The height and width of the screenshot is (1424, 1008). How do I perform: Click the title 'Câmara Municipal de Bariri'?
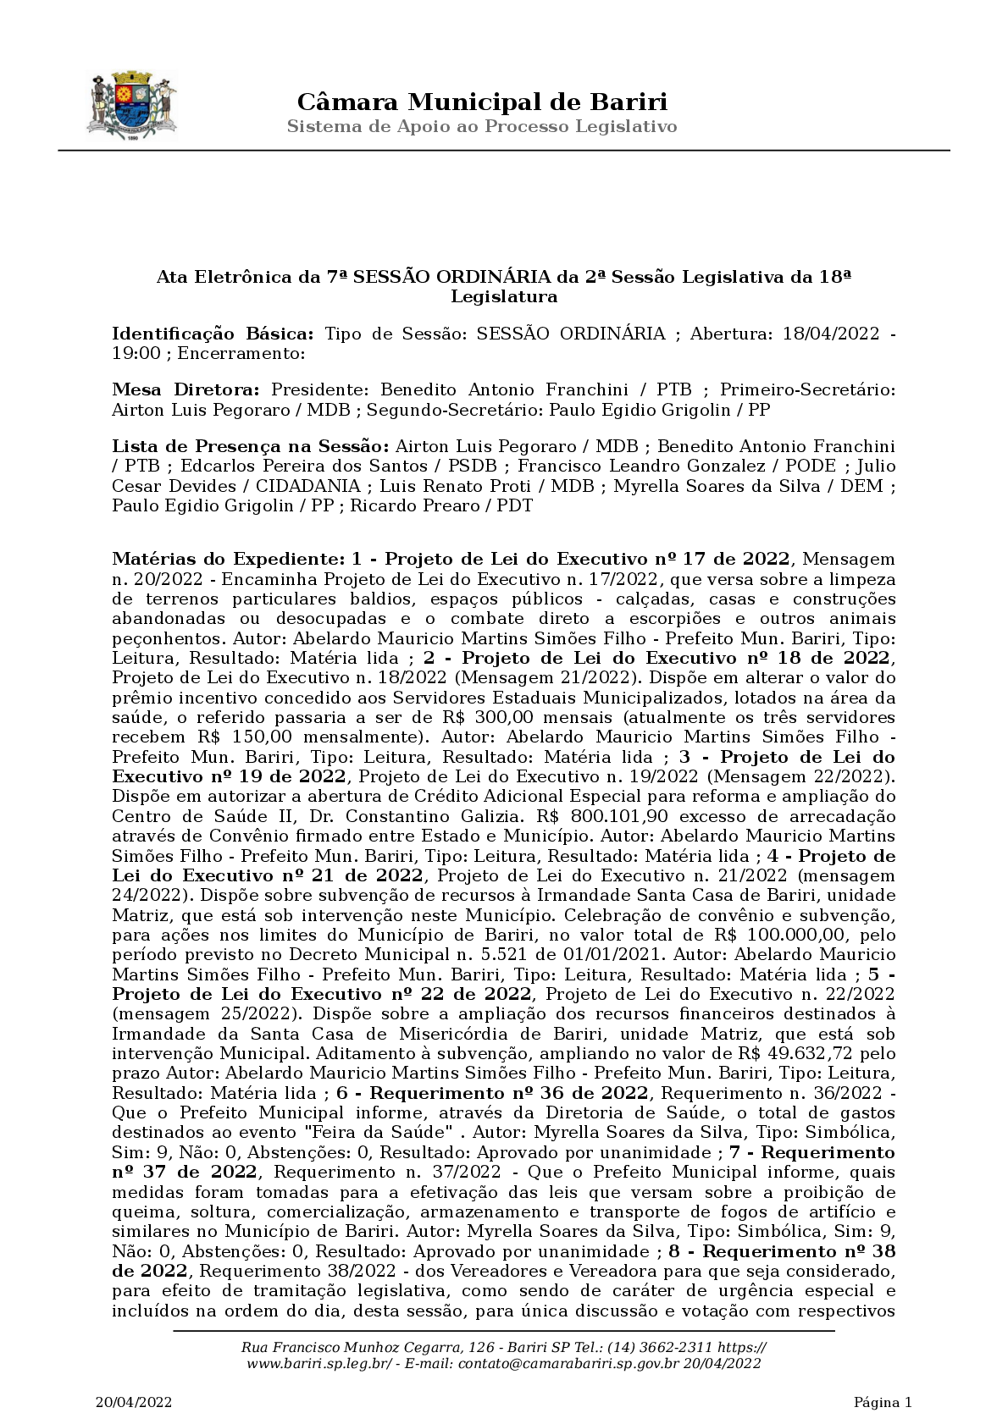tap(482, 102)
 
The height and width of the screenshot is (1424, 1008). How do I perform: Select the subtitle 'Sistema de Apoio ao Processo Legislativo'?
tap(482, 127)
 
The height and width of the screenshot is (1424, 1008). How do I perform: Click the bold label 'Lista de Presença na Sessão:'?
tap(251, 446)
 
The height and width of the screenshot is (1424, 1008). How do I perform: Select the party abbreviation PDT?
tap(514, 506)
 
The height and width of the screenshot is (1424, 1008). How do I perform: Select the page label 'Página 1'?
tap(882, 1402)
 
